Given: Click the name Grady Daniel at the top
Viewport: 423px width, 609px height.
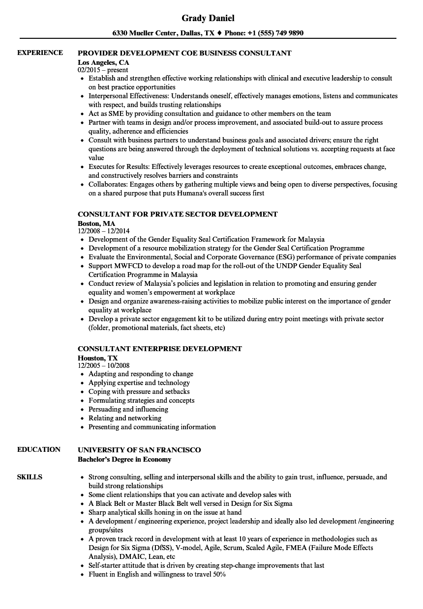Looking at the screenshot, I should (x=208, y=18).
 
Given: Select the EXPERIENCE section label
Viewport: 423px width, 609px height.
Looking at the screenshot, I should (x=40, y=53).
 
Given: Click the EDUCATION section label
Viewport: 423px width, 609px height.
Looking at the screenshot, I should (x=39, y=449).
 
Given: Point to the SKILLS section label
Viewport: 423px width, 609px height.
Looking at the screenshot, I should (x=30, y=477).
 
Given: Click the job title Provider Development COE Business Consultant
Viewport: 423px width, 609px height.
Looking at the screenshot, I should (x=184, y=53).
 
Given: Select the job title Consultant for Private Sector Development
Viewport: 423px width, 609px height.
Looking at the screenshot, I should (x=178, y=214).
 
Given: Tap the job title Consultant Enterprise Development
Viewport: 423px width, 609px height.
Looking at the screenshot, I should (x=160, y=349).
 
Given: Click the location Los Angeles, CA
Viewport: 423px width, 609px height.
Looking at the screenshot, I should (x=103, y=62).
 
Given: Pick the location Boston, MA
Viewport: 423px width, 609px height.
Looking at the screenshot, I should (x=96, y=223).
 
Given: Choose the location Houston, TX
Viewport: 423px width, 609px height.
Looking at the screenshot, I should (x=98, y=358).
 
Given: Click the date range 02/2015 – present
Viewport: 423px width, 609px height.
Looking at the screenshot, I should (x=103, y=70).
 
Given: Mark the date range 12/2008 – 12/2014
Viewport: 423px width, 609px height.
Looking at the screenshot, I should (x=104, y=231).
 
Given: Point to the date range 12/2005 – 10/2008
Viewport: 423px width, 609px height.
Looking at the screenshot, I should (x=104, y=365).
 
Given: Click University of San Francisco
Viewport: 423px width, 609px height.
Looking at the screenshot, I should (x=139, y=450).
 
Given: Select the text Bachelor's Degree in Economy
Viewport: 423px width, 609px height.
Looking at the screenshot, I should (x=124, y=460).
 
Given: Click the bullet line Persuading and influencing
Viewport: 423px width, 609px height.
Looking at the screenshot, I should (x=128, y=409).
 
